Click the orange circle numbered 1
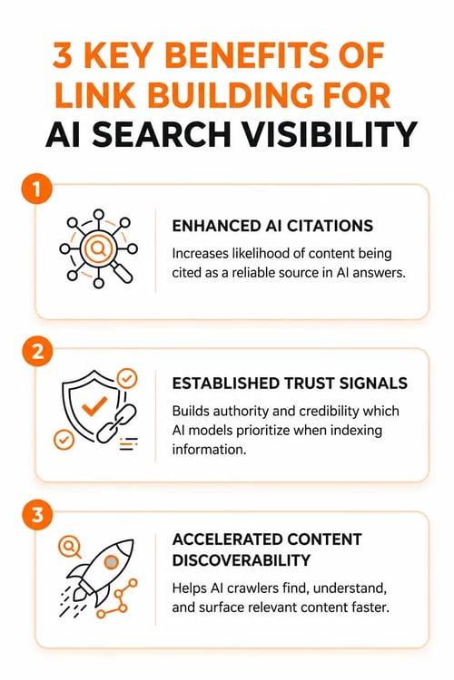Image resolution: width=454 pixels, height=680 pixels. click(37, 189)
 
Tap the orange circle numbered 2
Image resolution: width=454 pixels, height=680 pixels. click(37, 351)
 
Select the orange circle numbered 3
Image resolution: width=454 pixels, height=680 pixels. click(37, 515)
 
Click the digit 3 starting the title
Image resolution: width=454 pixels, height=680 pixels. click(62, 55)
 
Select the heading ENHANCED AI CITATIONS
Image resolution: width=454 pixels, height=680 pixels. click(272, 226)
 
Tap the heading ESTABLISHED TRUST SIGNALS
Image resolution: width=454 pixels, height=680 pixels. click(290, 384)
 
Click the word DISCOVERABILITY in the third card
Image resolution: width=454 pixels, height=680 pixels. click(242, 560)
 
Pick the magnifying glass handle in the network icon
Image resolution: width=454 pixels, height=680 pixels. click(121, 272)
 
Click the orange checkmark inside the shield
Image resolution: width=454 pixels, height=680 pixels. click(94, 406)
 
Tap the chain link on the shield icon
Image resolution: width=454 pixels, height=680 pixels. click(116, 423)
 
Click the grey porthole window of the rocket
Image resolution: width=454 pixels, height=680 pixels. click(111, 562)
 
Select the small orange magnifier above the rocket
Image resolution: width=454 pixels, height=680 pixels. click(70, 547)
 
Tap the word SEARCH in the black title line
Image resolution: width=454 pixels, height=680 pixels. click(162, 135)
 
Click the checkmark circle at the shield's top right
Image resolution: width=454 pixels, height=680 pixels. click(127, 379)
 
